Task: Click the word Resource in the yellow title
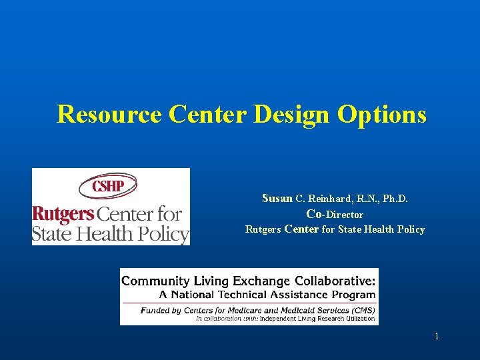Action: tap(109, 115)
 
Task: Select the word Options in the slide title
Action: tap(382, 115)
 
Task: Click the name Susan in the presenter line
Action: tap(277, 198)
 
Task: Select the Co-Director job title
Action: tap(335, 215)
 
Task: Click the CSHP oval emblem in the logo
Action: tap(108, 186)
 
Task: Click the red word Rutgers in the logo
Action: tap(63, 214)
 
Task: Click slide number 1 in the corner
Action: tap(437, 337)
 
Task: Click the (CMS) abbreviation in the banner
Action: tap(361, 310)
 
